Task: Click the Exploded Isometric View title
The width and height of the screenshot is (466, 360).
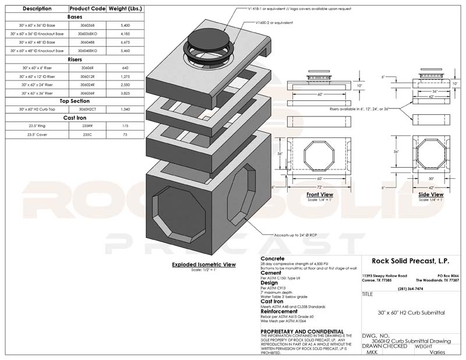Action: [x=203, y=264]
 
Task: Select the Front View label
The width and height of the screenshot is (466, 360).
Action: [x=319, y=195]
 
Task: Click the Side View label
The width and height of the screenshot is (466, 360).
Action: [x=431, y=194]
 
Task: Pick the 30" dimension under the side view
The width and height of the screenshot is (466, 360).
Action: [x=431, y=179]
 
